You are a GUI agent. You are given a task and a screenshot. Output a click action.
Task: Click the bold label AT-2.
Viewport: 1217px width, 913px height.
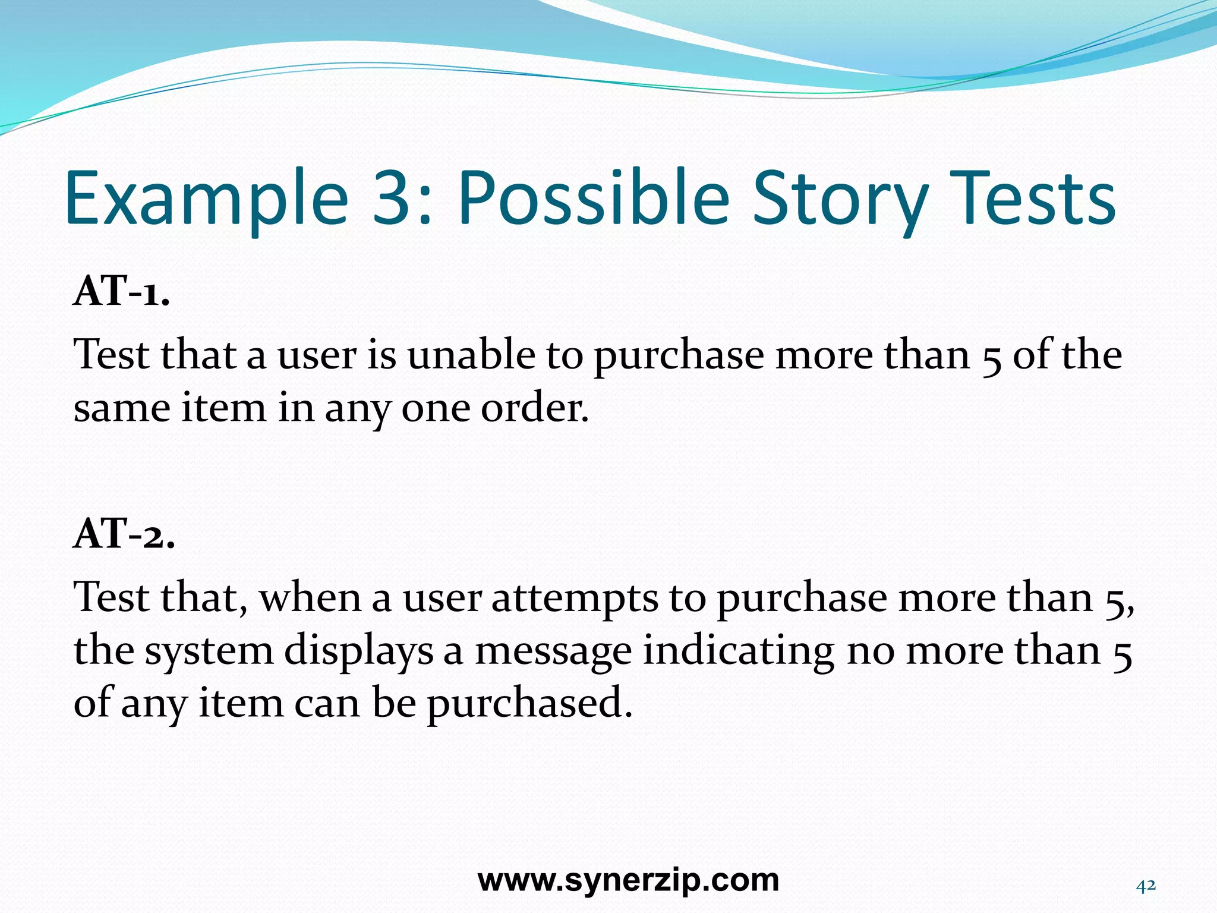124,534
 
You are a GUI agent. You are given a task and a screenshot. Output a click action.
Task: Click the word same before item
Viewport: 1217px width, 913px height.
121,409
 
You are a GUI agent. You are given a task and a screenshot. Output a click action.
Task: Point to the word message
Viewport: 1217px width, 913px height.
553,651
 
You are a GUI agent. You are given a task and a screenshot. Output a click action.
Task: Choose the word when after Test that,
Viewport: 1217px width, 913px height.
311,598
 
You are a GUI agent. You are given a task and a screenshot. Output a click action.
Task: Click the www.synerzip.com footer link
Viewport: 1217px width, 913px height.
628,880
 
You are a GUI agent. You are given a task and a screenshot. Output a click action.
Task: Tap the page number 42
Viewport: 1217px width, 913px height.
1146,886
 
